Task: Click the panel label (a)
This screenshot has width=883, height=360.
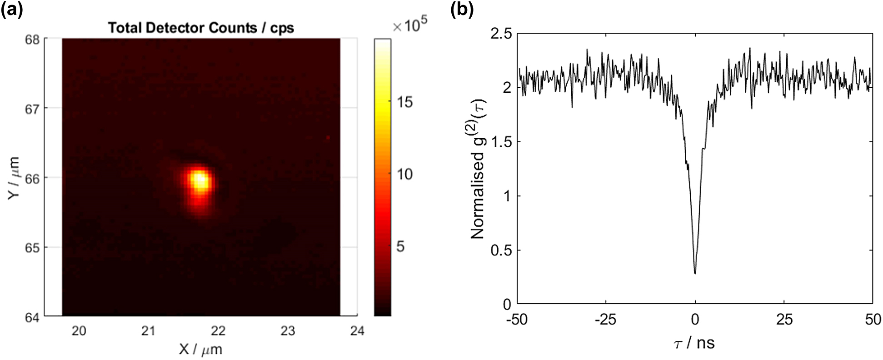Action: pos(12,9)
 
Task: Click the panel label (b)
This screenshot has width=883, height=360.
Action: pos(462,9)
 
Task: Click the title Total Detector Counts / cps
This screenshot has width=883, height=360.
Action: pos(201,28)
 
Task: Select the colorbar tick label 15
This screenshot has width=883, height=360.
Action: pos(404,102)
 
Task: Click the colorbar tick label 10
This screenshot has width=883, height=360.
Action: pos(404,174)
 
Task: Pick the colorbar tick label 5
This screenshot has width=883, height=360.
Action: pos(400,246)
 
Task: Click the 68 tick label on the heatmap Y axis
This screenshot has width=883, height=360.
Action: pos(33,39)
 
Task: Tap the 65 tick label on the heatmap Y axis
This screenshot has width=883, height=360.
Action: pos(33,248)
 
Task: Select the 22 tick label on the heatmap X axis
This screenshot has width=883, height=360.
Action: pos(218,331)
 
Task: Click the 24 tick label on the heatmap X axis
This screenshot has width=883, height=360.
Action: pos(357,331)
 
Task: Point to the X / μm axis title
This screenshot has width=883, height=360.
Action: pos(200,349)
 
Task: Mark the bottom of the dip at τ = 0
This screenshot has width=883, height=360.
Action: pos(695,272)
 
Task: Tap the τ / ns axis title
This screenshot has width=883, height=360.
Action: pos(694,343)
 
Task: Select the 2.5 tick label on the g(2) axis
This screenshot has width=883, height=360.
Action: pos(501,34)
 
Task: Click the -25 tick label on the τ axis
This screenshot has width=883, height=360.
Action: pos(605,320)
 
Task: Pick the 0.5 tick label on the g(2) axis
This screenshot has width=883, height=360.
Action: pos(501,250)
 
